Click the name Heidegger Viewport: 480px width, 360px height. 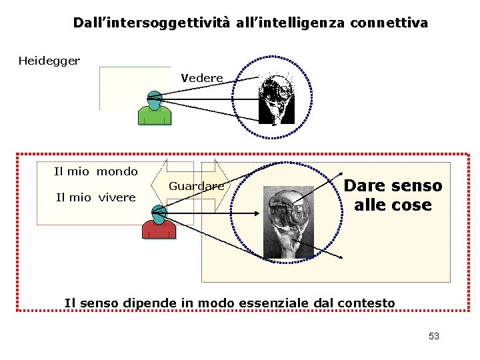[49, 61]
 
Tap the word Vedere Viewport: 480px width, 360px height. [202, 78]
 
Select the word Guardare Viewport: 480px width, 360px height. [196, 186]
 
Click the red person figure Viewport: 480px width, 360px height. [159, 223]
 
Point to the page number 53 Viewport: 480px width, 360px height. [434, 336]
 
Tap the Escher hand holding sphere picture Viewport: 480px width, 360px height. [289, 222]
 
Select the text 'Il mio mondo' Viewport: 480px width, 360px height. [96, 172]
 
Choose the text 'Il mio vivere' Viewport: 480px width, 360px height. [96, 197]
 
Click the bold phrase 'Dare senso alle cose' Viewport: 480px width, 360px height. [393, 195]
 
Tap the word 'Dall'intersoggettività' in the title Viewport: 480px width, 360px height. [151, 23]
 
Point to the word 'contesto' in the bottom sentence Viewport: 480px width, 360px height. [369, 303]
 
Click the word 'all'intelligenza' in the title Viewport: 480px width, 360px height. [290, 23]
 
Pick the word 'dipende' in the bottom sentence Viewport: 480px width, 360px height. [151, 303]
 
